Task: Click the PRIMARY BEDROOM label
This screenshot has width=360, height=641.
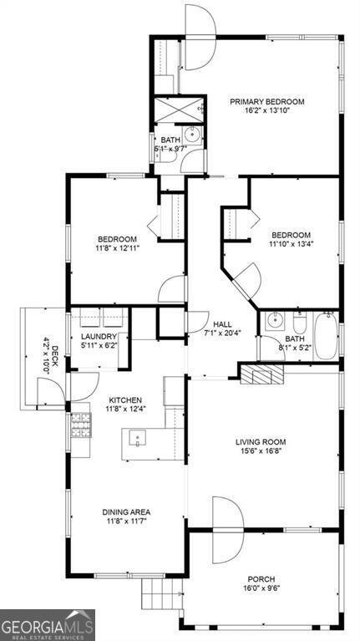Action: [x=267, y=102]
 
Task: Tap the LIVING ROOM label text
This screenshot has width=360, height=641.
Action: [x=261, y=442]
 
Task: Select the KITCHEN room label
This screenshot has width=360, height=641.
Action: [x=123, y=400]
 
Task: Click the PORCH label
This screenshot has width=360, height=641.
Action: [x=261, y=578]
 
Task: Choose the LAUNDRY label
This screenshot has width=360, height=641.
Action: [x=99, y=336]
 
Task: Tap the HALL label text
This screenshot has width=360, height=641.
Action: [x=222, y=324]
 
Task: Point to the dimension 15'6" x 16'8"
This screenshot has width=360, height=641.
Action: [x=261, y=452]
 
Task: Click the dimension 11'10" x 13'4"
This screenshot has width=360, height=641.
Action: [x=290, y=245]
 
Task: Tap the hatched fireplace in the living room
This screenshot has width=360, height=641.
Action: [x=262, y=372]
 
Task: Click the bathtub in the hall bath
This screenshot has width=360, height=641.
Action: [x=325, y=336]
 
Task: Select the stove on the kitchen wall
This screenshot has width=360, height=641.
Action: [x=79, y=428]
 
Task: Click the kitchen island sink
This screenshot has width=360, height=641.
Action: [x=136, y=438]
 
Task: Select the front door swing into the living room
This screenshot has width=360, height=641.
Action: [x=226, y=530]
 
